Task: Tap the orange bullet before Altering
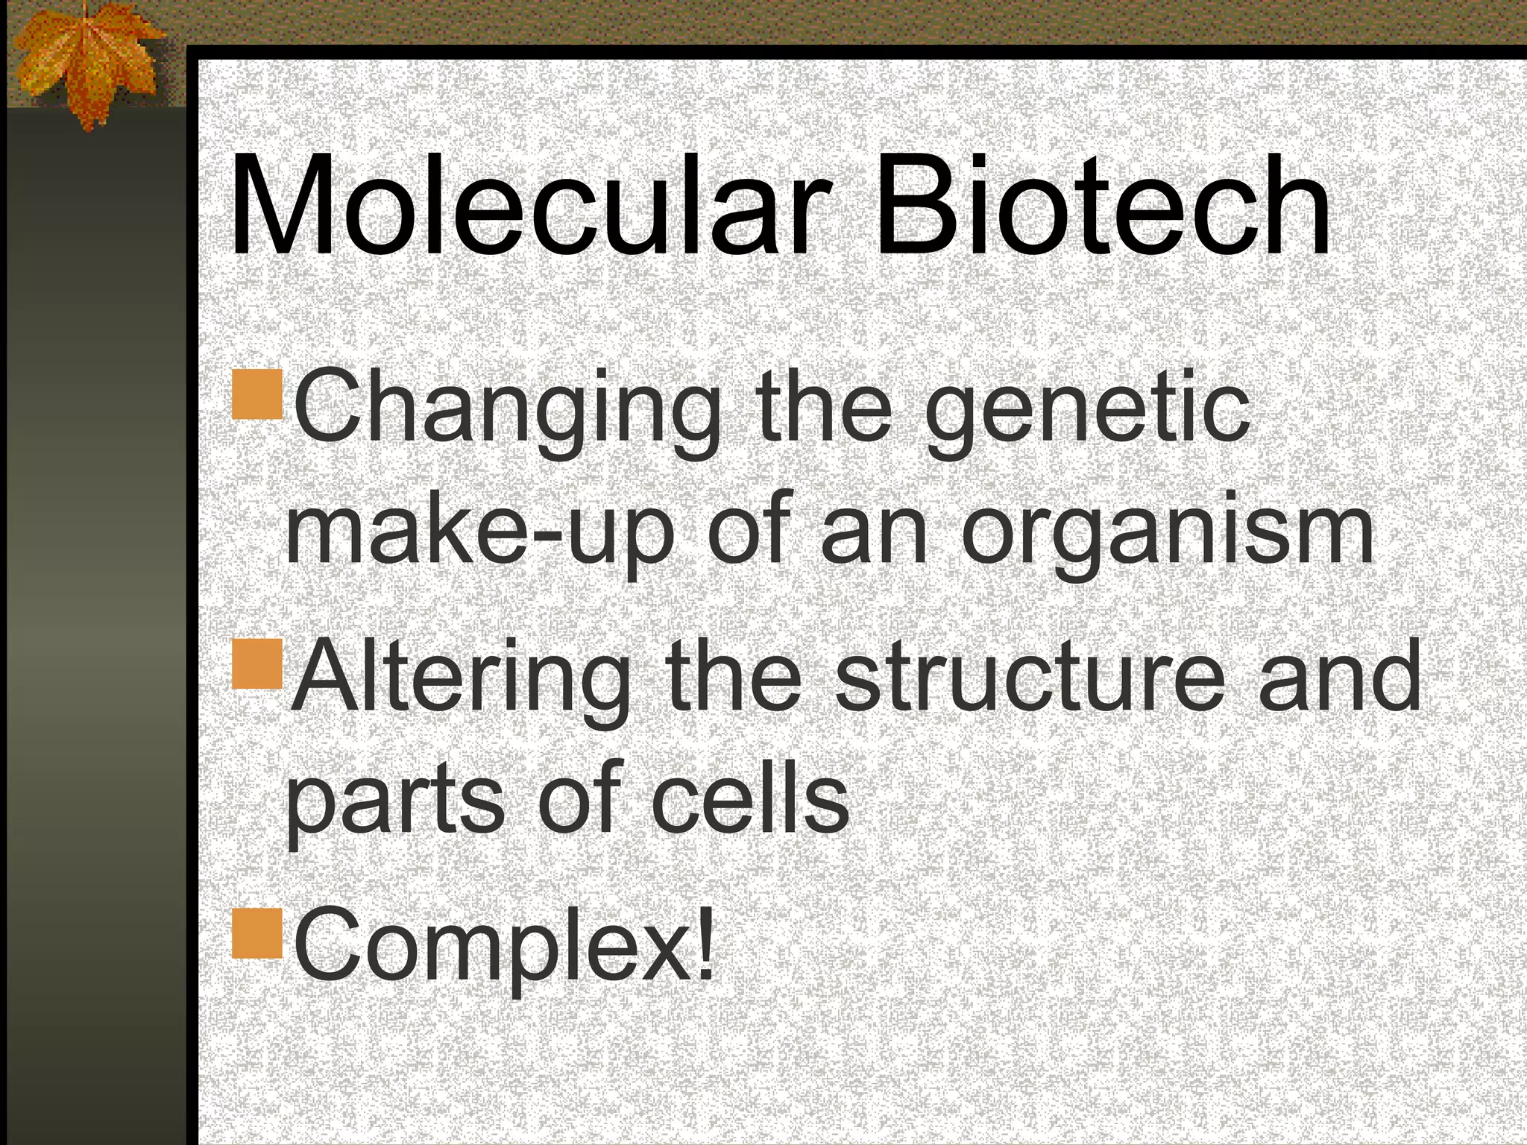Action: [x=257, y=663]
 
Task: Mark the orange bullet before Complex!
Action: [x=257, y=932]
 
